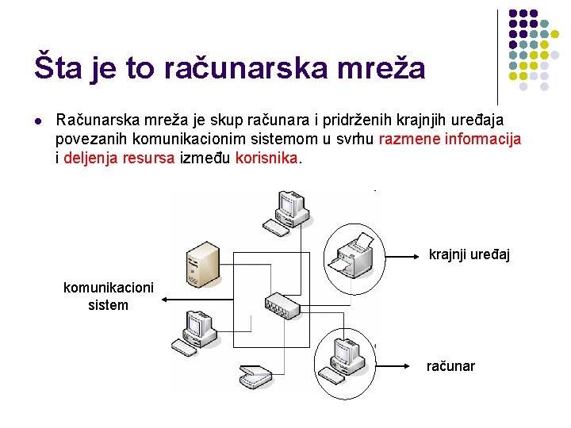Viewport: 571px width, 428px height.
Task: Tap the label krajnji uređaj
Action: point(469,254)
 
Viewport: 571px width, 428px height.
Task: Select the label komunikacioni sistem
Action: point(109,296)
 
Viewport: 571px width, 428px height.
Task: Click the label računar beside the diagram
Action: point(450,365)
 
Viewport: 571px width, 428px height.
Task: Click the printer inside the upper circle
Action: point(354,255)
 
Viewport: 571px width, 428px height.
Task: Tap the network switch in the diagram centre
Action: point(285,303)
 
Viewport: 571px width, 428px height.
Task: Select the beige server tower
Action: point(201,265)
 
